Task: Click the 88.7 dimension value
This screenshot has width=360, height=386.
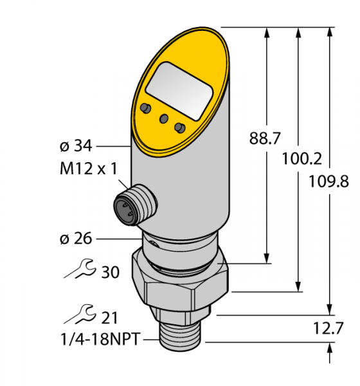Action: coord(265,138)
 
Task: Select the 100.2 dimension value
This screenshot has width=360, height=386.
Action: coord(301,158)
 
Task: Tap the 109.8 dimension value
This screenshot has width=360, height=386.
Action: coord(328,181)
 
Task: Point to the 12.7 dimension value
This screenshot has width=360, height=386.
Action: coord(328,328)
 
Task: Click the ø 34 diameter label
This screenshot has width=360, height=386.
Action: coord(76,146)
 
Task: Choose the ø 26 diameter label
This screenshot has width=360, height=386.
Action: coord(76,238)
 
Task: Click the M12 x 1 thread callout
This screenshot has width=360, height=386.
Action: coord(89,169)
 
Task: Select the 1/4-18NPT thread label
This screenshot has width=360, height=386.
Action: coord(100,339)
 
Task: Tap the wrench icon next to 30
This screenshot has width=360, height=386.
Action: coord(80,269)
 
